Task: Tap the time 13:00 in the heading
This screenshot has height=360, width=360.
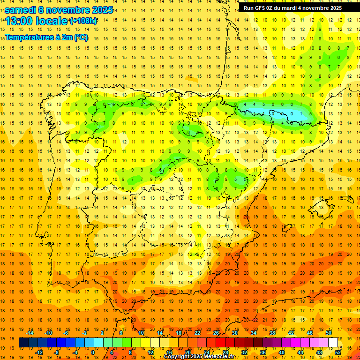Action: point(19,21)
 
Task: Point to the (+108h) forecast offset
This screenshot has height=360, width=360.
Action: point(83,21)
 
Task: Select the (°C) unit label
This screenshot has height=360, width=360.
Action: point(81,37)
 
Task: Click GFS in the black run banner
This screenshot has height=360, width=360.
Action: point(261,8)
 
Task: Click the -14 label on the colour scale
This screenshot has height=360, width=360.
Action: point(30,333)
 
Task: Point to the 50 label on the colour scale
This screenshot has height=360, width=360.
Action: point(329,333)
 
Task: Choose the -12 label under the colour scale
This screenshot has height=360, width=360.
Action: point(39,352)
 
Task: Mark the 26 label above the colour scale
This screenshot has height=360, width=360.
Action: point(216,333)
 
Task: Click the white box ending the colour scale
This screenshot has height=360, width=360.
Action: point(333,343)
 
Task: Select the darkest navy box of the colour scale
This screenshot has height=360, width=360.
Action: point(23,343)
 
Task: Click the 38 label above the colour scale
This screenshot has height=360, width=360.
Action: point(272,333)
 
